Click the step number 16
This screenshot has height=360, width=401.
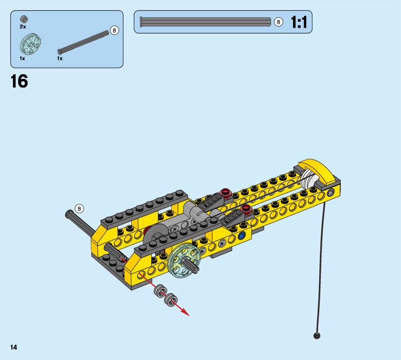(19, 81)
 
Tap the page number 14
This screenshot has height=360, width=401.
(14, 347)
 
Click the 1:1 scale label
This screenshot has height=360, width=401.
(299, 22)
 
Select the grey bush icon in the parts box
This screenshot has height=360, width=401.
(24, 19)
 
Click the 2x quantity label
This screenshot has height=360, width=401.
(23, 27)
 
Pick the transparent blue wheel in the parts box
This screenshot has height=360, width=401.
(31, 44)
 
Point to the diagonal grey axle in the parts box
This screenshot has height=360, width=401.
(83, 42)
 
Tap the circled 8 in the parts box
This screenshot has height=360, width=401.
(114, 31)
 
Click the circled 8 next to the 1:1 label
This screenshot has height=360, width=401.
(278, 22)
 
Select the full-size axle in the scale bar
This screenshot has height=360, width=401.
(206, 22)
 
